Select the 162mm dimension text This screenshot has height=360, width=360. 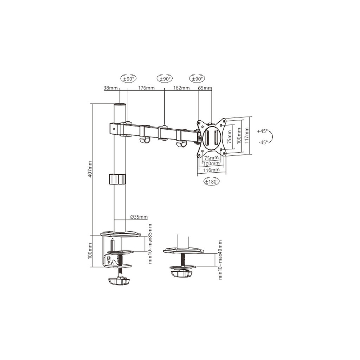pyautogui.click(x=181, y=88)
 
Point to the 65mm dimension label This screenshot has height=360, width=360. pyautogui.click(x=205, y=88)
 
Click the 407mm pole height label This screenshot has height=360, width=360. pyautogui.click(x=90, y=169)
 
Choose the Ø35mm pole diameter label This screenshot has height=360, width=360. pyautogui.click(x=139, y=217)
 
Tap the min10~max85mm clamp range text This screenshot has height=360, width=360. pyautogui.click(x=150, y=244)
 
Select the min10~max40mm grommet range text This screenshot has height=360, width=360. pyautogui.click(x=220, y=260)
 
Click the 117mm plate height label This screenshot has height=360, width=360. pyautogui.click(x=247, y=135)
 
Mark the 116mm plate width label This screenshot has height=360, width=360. pyautogui.click(x=211, y=170)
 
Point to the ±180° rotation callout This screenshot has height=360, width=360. pyautogui.click(x=211, y=181)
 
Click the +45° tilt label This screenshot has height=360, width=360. pyautogui.click(x=262, y=131)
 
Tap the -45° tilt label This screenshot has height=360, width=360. pyautogui.click(x=262, y=142)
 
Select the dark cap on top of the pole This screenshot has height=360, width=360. pyautogui.click(x=120, y=104)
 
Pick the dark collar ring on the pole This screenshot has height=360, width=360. pyautogui.click(x=117, y=179)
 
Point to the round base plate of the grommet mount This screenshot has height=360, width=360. pyautogui.click(x=183, y=251)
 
